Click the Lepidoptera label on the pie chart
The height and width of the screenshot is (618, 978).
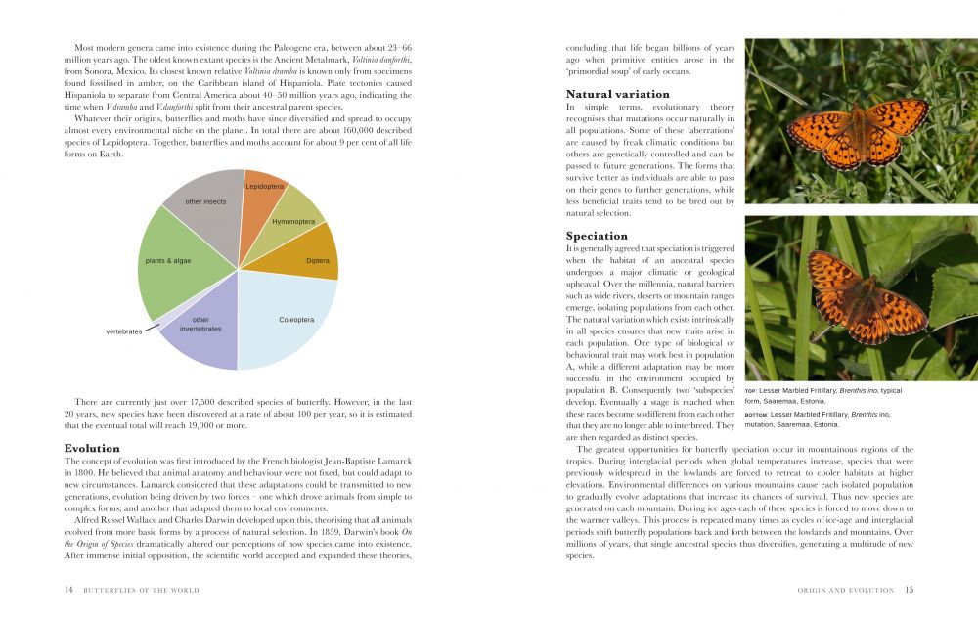click(264, 186)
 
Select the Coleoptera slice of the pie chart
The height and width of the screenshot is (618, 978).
click(295, 320)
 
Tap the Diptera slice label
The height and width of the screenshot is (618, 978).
click(317, 261)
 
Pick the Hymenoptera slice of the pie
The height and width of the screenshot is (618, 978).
click(293, 222)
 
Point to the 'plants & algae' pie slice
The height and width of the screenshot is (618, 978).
click(168, 261)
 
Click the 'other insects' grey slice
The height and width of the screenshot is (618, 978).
click(205, 202)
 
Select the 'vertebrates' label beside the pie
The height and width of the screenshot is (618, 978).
click(124, 331)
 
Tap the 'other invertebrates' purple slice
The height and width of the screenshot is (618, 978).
click(200, 324)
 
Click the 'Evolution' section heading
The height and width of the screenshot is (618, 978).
click(92, 448)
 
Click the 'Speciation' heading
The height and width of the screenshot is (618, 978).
click(596, 236)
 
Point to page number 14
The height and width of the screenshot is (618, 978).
click(68, 590)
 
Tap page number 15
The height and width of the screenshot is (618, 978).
click(909, 590)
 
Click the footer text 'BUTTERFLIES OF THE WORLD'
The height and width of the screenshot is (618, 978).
click(141, 590)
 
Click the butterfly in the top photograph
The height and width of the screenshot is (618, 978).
click(858, 132)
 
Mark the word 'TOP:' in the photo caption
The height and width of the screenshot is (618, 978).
click(751, 391)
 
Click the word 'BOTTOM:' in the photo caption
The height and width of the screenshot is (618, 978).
click(756, 415)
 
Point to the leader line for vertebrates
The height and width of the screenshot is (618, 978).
click(152, 327)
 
